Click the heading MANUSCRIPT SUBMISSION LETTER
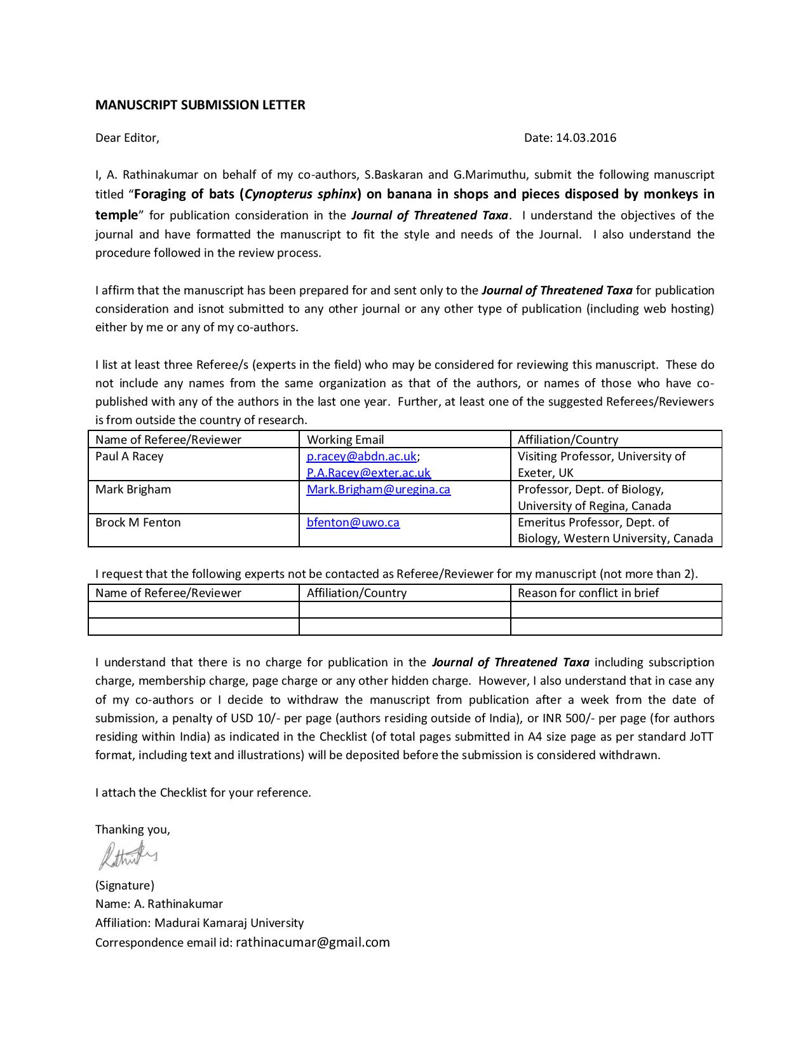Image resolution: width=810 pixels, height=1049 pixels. tap(200, 105)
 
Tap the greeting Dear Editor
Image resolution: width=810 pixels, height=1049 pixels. tap(127, 138)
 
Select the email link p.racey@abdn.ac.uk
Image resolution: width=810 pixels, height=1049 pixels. tap(361, 456)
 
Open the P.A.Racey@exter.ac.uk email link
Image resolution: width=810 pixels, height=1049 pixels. tap(368, 473)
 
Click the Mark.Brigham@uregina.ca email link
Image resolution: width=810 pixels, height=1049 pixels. tap(378, 490)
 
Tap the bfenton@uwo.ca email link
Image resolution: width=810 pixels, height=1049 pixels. tap(353, 523)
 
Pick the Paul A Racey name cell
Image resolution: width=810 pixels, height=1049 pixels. tap(130, 456)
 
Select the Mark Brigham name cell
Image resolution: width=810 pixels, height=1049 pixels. tap(133, 490)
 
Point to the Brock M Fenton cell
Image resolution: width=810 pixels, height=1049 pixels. tap(138, 523)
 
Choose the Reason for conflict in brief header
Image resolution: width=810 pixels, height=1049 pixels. tap(588, 593)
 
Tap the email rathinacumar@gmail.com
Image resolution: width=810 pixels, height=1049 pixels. tap(313, 942)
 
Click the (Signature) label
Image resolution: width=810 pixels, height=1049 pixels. tap(125, 886)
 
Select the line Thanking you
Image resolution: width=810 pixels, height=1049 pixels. tap(133, 830)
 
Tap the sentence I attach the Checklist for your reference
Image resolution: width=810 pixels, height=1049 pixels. tap(203, 793)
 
